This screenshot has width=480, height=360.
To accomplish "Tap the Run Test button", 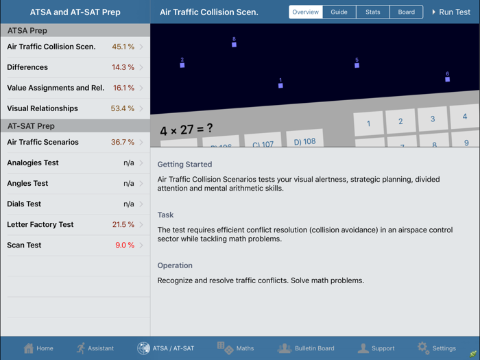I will tap(451, 12).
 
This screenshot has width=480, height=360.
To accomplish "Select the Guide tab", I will tap(339, 12).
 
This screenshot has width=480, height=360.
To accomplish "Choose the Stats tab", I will tap(372, 12).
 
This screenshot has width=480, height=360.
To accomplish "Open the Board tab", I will tap(406, 12).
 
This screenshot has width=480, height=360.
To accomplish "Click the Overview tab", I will tap(306, 12).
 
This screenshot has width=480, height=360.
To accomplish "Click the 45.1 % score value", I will tap(123, 47).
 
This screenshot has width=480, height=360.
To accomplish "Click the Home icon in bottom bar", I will tap(29, 348).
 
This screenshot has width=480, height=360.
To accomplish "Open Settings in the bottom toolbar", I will tap(423, 348).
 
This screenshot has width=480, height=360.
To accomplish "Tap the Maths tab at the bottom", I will tap(225, 348).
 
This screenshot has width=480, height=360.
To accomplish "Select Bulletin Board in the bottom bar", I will tap(285, 348).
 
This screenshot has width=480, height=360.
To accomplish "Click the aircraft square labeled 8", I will tap(234, 45).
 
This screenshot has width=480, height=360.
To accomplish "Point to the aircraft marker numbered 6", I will tap(447, 79).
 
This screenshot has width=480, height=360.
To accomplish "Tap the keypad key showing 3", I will tap(432, 119).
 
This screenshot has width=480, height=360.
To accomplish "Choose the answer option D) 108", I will tap(304, 141).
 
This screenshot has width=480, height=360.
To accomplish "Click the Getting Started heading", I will tap(184, 165).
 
